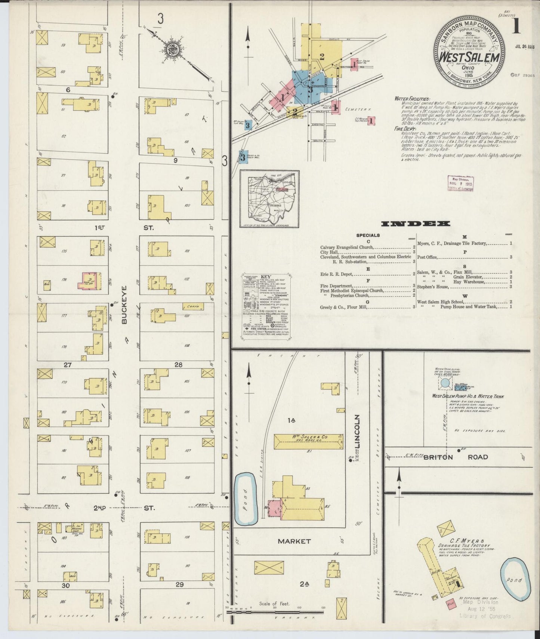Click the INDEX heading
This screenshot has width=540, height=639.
[x=415, y=224]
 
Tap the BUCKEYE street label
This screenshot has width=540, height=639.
[x=124, y=305]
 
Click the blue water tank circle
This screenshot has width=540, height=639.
[x=445, y=383]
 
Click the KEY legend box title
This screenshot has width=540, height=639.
[x=265, y=277]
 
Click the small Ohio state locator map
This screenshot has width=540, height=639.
[x=269, y=199]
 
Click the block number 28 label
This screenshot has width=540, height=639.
[x=178, y=365]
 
